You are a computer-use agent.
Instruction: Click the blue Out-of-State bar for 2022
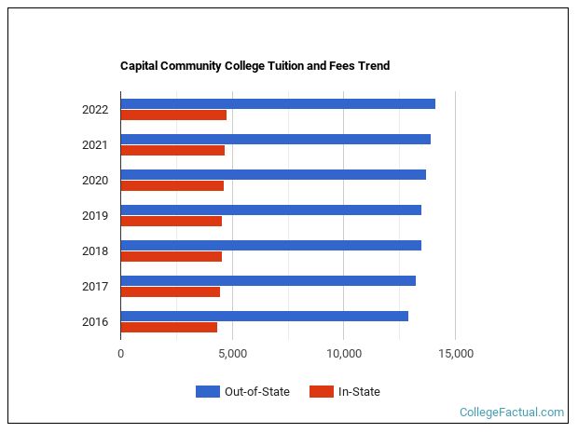(278, 103)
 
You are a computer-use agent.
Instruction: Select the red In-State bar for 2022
(173, 115)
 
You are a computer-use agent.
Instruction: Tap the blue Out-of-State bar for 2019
(270, 210)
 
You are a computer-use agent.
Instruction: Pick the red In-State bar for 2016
(169, 328)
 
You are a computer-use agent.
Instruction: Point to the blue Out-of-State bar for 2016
(264, 316)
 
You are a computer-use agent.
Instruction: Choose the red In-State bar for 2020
(172, 186)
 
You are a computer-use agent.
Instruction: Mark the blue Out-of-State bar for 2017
(268, 280)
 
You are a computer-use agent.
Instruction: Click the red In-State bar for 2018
(171, 257)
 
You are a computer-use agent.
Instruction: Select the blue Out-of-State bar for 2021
(275, 139)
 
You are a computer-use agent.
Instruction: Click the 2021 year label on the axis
(95, 145)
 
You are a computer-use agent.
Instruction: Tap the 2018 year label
(95, 251)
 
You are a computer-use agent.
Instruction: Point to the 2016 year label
(95, 322)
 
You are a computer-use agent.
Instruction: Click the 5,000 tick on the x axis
(232, 354)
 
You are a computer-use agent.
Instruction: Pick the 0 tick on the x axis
(120, 354)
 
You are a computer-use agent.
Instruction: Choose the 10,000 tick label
(343, 354)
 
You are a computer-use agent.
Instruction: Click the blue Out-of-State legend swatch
(207, 392)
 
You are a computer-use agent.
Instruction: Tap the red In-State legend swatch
(321, 392)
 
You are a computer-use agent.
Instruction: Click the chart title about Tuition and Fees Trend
(255, 66)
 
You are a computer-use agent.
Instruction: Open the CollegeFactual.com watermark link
(512, 412)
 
